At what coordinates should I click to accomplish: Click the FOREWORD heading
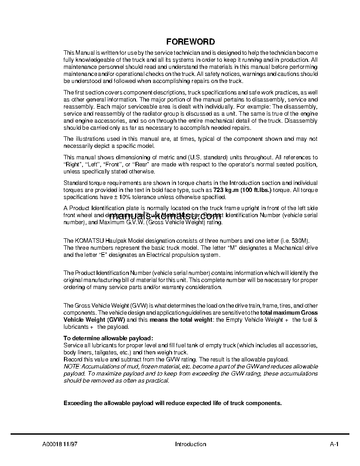click(x=191, y=42)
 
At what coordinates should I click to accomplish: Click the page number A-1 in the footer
click(x=334, y=444)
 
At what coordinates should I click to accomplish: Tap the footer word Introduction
click(x=191, y=444)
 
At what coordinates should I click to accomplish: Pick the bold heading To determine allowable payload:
click(x=105, y=338)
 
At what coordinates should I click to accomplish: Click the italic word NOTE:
click(x=72, y=367)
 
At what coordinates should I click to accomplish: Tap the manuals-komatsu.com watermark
click(x=165, y=216)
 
